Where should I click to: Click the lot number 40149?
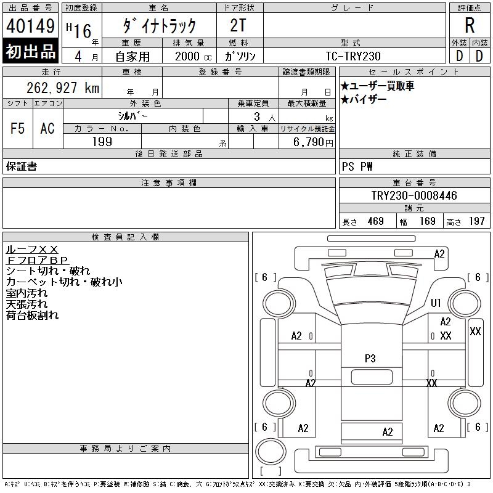(30, 26)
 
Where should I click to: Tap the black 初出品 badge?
(30, 51)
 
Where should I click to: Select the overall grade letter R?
(470, 25)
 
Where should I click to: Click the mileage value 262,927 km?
(63, 88)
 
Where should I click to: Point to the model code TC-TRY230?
(353, 56)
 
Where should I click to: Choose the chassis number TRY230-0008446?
(414, 195)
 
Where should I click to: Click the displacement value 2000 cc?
(194, 56)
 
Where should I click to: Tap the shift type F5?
(17, 128)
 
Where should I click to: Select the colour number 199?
(102, 142)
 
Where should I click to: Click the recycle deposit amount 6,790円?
(313, 142)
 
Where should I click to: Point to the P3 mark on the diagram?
(370, 359)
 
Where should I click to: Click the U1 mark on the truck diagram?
(436, 303)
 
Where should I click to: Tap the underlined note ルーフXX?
(32, 250)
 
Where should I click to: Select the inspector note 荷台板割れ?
(33, 315)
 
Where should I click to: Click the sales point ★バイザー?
(364, 100)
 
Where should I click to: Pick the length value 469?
(376, 221)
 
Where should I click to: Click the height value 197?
(476, 221)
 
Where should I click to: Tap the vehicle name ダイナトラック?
(159, 26)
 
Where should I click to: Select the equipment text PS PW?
(357, 166)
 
